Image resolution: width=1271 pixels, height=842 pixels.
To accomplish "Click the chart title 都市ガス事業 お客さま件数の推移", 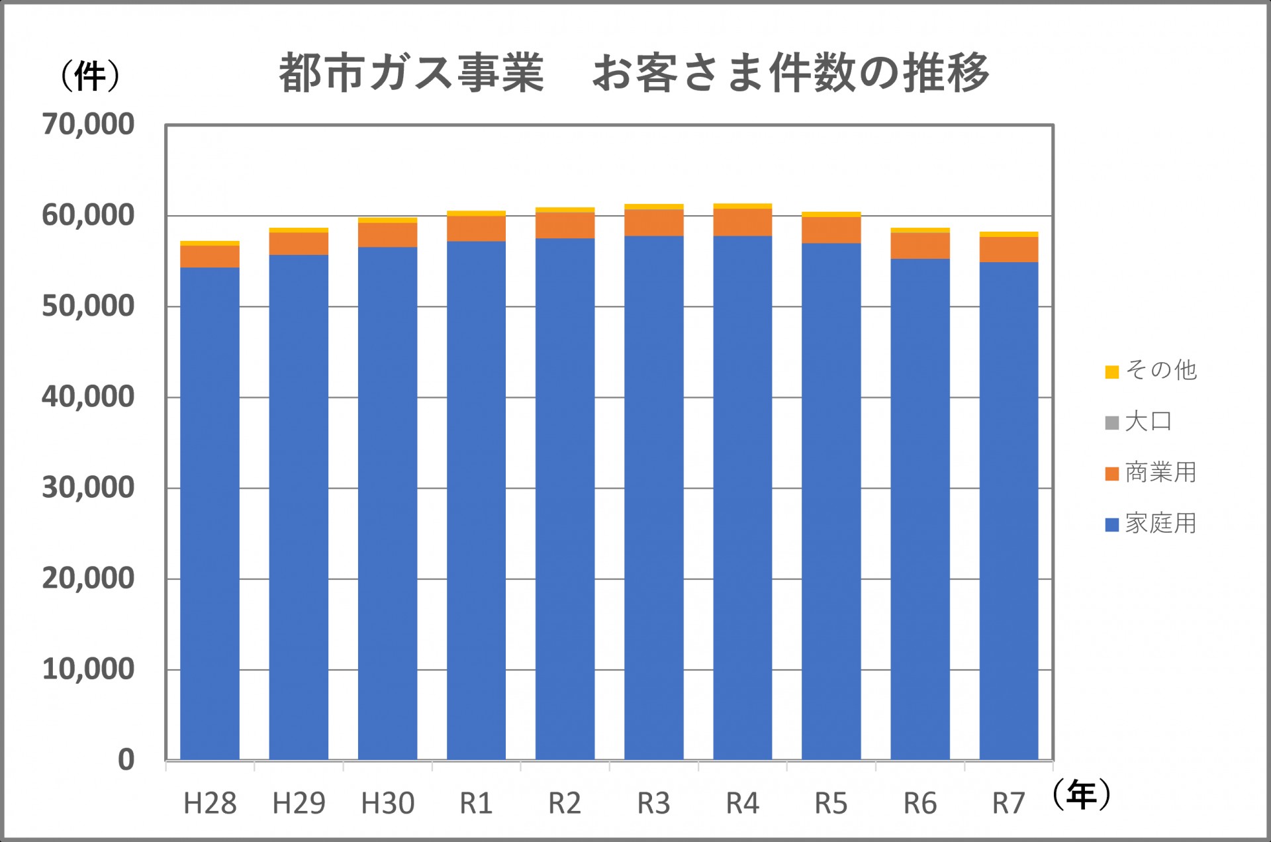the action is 634,73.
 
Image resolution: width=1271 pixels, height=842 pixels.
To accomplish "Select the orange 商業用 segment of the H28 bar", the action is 210,256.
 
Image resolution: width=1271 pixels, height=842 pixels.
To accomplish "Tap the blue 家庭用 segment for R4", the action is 743,498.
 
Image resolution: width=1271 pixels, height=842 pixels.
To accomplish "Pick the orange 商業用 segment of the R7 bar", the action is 1009,250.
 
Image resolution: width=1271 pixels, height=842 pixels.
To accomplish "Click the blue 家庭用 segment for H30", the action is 387,503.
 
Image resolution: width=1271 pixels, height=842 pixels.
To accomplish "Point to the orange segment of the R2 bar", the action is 565,225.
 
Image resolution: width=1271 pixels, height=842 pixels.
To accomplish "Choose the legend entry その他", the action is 1151,371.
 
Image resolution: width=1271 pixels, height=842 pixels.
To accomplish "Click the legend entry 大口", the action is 1139,422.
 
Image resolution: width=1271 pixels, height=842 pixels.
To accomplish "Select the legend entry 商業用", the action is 1151,473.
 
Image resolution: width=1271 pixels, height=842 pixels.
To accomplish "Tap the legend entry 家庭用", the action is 1151,524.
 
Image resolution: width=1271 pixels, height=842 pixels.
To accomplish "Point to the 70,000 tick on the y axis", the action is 88,124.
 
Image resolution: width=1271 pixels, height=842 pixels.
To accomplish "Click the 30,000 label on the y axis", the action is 88,488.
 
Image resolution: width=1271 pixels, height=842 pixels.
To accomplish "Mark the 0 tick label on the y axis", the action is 126,760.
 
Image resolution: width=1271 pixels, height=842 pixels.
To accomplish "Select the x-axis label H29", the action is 299,804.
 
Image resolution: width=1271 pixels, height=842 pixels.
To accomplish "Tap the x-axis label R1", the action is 476,804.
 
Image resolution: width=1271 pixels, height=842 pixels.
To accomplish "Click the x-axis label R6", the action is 920,804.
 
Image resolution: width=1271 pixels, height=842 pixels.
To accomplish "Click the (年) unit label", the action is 1081,794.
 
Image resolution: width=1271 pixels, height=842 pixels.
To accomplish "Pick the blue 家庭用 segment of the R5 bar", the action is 831,502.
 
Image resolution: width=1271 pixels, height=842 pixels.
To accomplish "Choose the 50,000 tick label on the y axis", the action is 88,306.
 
